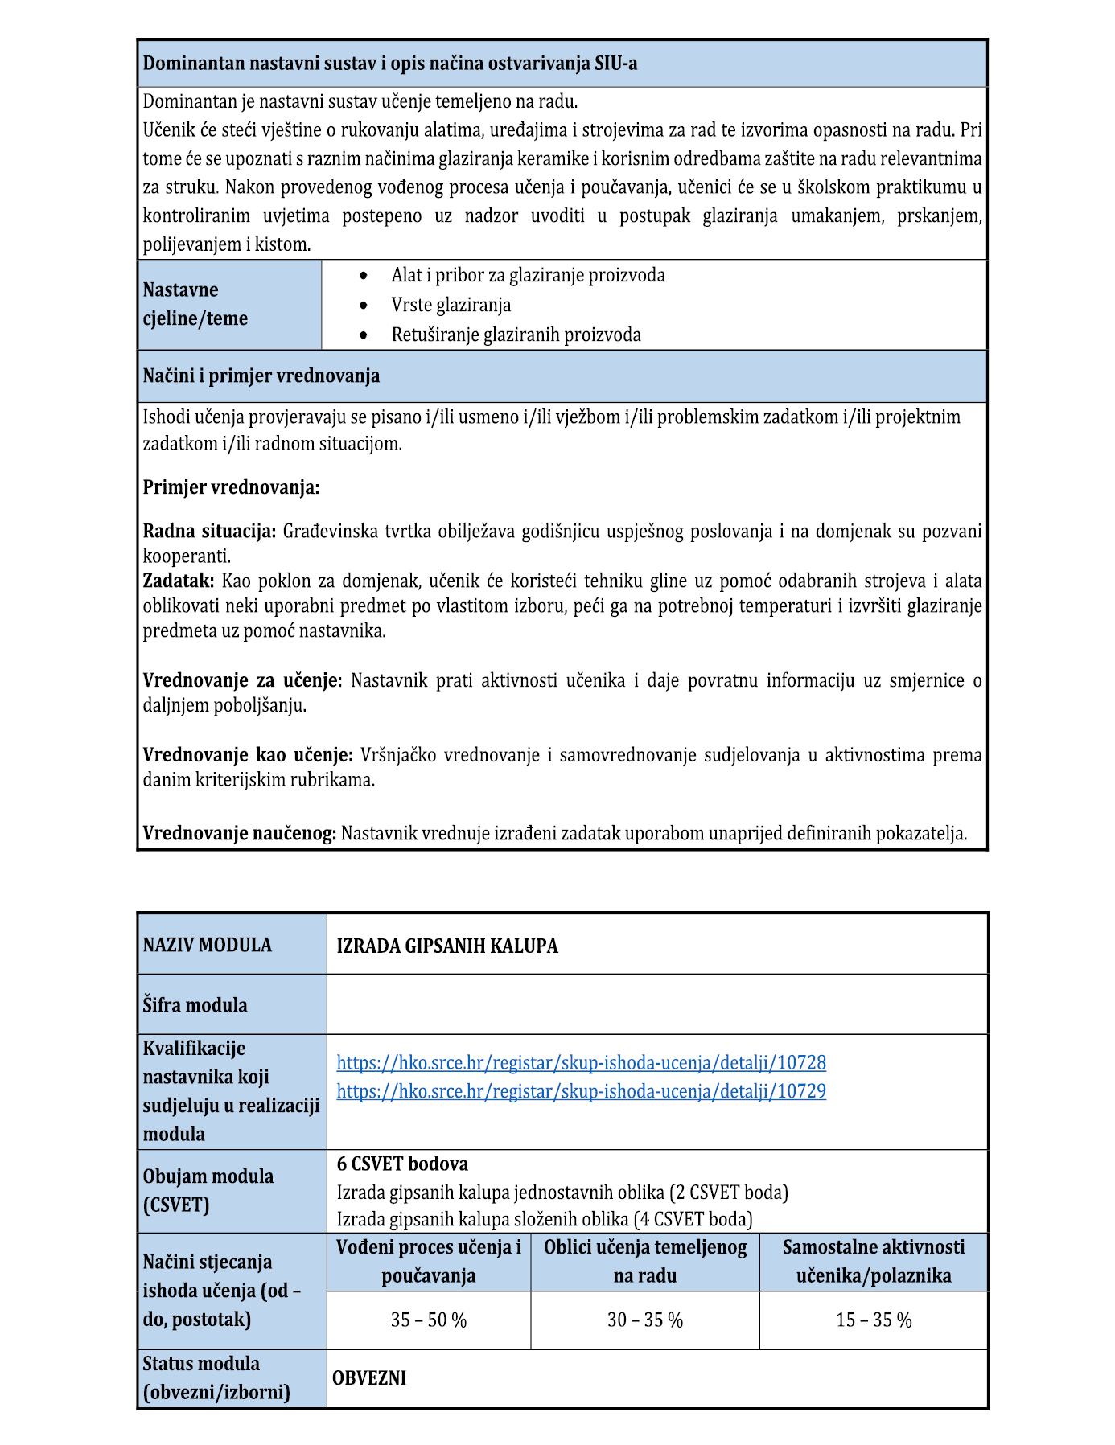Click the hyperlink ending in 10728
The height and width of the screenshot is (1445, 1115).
pos(581,1062)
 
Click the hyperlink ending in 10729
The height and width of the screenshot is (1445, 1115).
pos(581,1091)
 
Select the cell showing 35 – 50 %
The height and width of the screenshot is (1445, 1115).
pos(429,1320)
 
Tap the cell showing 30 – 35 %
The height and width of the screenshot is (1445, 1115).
pos(645,1320)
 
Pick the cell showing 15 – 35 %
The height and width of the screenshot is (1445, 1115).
pos(874,1320)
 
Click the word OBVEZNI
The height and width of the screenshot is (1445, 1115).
pos(369,1377)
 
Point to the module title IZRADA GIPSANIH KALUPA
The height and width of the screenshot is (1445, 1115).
pos(447,946)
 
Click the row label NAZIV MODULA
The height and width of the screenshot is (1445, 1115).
pos(208,945)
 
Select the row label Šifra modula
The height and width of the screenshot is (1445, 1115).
pos(195,1004)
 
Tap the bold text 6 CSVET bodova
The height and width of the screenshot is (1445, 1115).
pos(402,1164)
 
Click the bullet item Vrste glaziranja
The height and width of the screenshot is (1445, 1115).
pos(451,305)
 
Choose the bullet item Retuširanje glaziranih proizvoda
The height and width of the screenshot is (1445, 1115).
pos(516,335)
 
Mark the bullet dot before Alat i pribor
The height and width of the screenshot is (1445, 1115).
pos(365,276)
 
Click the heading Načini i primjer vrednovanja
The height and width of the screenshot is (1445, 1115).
pos(261,376)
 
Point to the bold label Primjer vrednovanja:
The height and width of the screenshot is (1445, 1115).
pos(231,487)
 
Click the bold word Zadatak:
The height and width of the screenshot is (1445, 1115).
pos(179,581)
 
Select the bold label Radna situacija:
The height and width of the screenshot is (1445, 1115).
pos(209,531)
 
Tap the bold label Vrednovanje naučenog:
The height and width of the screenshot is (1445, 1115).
pos(239,833)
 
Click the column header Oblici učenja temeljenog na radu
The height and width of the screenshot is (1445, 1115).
pos(645,1261)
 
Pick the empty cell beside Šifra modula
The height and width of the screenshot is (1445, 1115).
pos(656,1004)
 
